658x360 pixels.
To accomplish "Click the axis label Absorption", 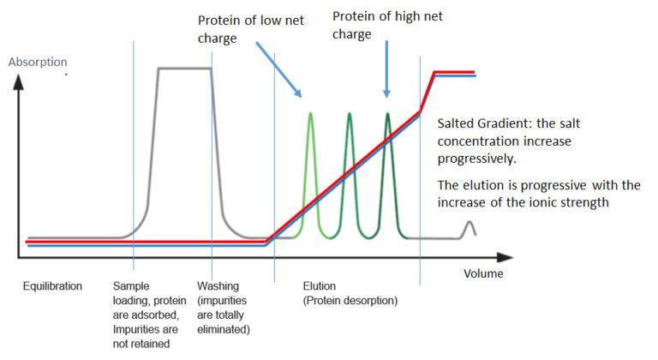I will coord(37,62).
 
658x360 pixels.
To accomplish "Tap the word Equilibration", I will coord(52,286).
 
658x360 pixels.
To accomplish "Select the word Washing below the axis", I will coord(218,286).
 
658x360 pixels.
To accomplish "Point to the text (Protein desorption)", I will coord(350,301).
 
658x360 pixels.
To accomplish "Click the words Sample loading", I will coord(138,293).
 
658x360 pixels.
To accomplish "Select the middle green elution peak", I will coord(350,120).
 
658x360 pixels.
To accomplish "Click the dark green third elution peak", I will coord(388,120).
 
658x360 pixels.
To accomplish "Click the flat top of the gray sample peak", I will coord(185,69).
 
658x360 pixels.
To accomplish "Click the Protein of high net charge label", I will coord(386,24).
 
